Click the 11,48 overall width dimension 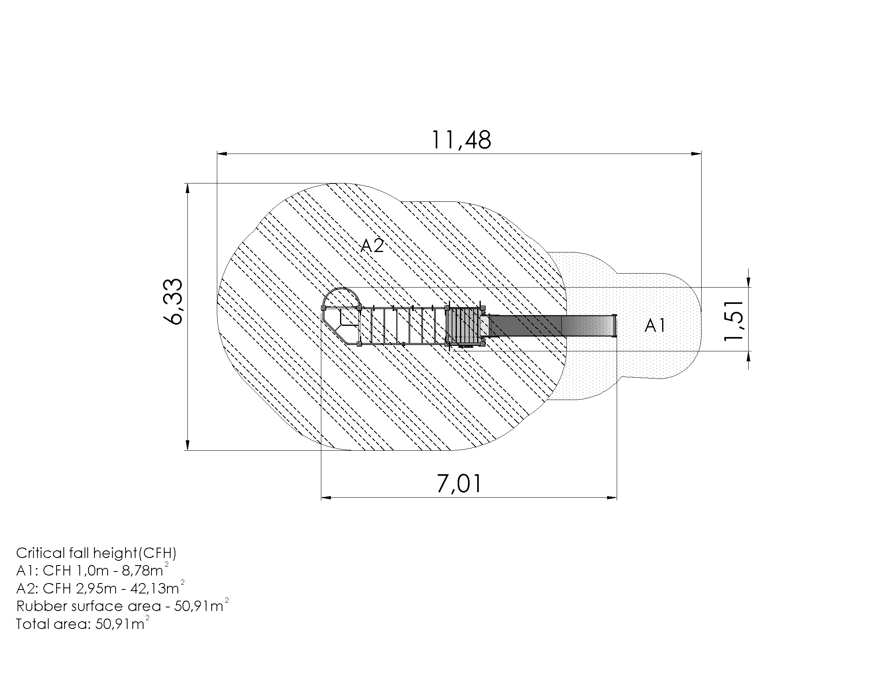pyautogui.click(x=461, y=140)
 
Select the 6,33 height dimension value pyautogui.click(x=173, y=301)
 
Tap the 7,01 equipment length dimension pyautogui.click(x=459, y=484)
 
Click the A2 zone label pyautogui.click(x=372, y=245)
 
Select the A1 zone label pyautogui.click(x=655, y=325)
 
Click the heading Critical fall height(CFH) pyautogui.click(x=96, y=553)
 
